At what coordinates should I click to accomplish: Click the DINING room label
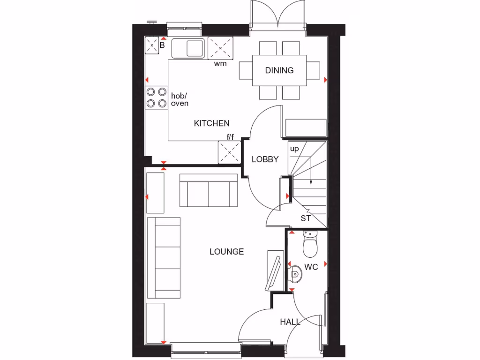pyautogui.click(x=279, y=70)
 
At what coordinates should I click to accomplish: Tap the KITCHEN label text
pyautogui.click(x=212, y=123)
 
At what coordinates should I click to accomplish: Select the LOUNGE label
pyautogui.click(x=226, y=252)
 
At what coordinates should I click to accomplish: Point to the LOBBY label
pyautogui.click(x=265, y=159)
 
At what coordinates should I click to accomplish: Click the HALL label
pyautogui.click(x=290, y=322)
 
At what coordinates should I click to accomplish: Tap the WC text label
pyautogui.click(x=311, y=267)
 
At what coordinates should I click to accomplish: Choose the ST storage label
pyautogui.click(x=306, y=218)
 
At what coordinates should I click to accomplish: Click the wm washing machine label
pyautogui.click(x=220, y=64)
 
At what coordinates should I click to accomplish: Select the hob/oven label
pyautogui.click(x=180, y=99)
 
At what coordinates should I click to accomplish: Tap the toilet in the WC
pyautogui.click(x=310, y=245)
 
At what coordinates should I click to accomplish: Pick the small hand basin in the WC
pyautogui.click(x=296, y=273)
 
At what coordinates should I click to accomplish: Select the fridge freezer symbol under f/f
pyautogui.click(x=229, y=153)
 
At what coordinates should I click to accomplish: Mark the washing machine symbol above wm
pyautogui.click(x=220, y=47)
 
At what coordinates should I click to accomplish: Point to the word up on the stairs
pyautogui.click(x=294, y=149)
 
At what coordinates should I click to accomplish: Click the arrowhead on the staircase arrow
pyautogui.click(x=311, y=181)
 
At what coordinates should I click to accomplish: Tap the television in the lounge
pyautogui.click(x=274, y=271)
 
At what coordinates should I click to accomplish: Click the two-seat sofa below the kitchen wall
pyautogui.click(x=209, y=190)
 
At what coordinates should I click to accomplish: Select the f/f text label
pyautogui.click(x=230, y=137)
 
